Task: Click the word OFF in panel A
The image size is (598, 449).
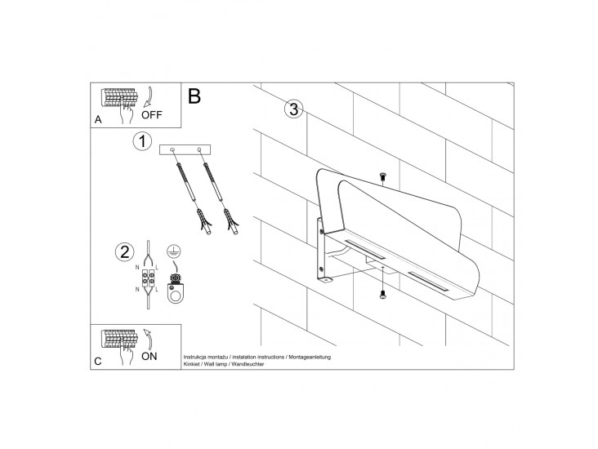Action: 152,115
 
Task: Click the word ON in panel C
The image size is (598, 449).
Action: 149,356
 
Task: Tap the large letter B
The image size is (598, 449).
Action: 194,96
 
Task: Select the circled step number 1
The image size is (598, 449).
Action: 142,141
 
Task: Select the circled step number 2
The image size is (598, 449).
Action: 125,252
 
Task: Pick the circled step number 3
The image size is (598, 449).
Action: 293,109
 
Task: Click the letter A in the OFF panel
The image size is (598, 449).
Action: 98,120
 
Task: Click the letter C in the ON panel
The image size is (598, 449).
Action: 98,361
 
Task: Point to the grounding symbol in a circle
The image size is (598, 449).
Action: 174,251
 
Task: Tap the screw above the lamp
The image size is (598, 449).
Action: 383,176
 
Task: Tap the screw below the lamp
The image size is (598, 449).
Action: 382,294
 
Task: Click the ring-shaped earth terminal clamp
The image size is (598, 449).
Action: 175,292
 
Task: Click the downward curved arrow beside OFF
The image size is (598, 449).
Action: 149,97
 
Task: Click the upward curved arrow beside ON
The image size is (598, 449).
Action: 149,339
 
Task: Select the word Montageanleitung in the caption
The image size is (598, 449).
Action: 310,357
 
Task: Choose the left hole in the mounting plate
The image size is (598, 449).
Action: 172,149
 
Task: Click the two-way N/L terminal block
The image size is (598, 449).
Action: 149,278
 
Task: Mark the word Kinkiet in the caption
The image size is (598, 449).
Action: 191,364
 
